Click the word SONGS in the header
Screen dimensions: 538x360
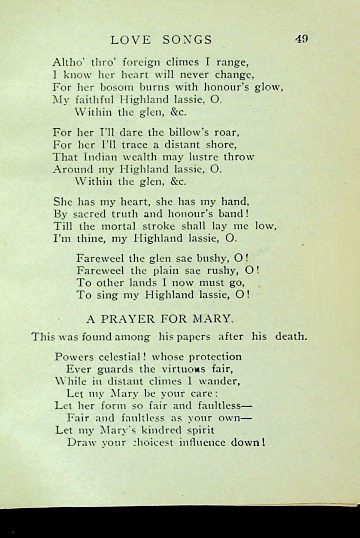click(188, 40)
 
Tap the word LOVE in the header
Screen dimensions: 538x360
click(131, 40)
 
